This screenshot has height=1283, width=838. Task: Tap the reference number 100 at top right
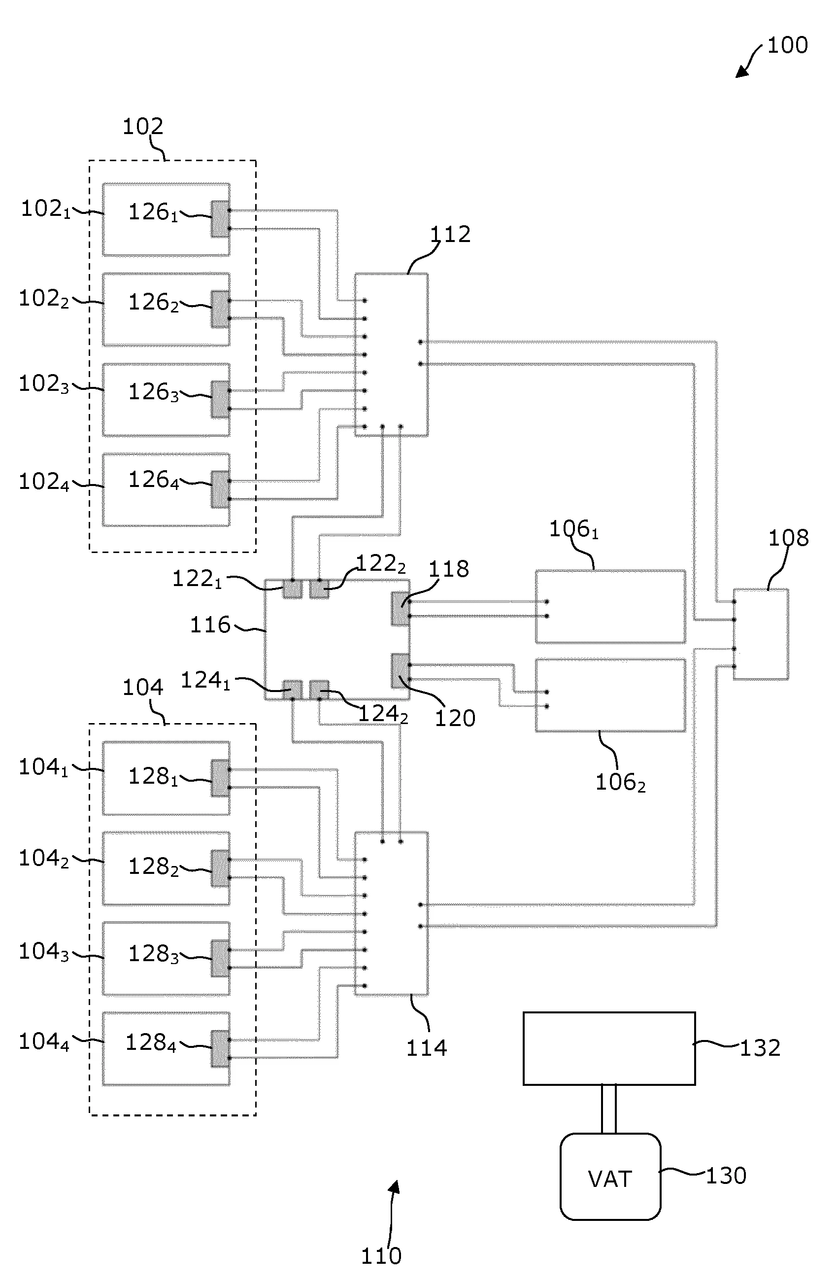coord(787,46)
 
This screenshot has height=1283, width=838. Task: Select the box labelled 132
coord(609,1048)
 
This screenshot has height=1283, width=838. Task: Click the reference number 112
coord(450,235)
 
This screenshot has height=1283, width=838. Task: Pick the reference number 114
coord(426,1047)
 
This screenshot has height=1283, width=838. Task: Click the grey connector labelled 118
coord(400,609)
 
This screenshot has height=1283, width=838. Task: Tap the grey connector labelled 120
coord(400,671)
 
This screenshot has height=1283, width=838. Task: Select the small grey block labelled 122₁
coord(292,589)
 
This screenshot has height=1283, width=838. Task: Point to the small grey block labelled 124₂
coord(319,690)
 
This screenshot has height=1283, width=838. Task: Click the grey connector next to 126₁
coord(220,219)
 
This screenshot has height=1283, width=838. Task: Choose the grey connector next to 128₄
coord(220,1048)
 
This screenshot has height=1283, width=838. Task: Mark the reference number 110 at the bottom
coord(381,1255)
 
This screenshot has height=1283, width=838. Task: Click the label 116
coord(210,625)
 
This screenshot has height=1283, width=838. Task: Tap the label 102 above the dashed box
coord(143,127)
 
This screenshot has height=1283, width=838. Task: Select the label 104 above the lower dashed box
coord(143,688)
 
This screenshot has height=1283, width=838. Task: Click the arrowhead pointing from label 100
coord(741,73)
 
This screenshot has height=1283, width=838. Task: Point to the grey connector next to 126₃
coord(220,399)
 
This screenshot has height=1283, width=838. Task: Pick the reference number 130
coord(726,1176)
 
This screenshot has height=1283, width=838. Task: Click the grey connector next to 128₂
coord(220,868)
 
